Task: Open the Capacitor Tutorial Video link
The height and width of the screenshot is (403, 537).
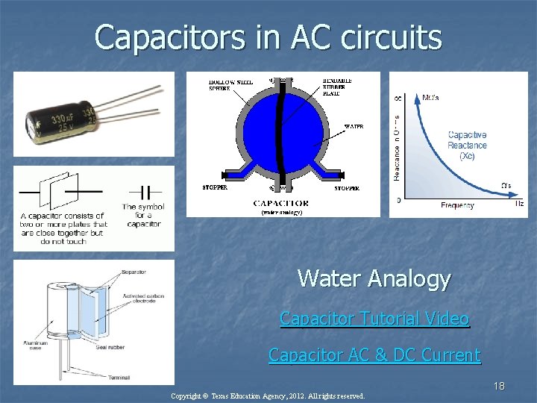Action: (374, 319)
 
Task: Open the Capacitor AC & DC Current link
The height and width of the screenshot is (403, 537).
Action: (374, 354)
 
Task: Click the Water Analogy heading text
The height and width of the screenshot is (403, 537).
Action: (374, 278)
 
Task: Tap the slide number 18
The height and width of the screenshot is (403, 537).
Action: (498, 386)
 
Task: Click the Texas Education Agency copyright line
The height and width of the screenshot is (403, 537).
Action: (268, 396)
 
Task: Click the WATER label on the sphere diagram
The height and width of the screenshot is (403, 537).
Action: (354, 127)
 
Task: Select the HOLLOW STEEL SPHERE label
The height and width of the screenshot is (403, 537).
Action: (227, 84)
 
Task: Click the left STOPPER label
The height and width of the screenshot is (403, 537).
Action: (216, 188)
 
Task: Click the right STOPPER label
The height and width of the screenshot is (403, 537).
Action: (346, 188)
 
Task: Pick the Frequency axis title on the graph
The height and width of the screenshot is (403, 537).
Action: (457, 204)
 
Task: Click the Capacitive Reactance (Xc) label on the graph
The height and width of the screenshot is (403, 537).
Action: (467, 146)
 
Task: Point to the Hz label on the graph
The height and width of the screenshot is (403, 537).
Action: (519, 203)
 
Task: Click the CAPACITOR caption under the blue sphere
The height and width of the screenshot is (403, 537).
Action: (281, 203)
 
